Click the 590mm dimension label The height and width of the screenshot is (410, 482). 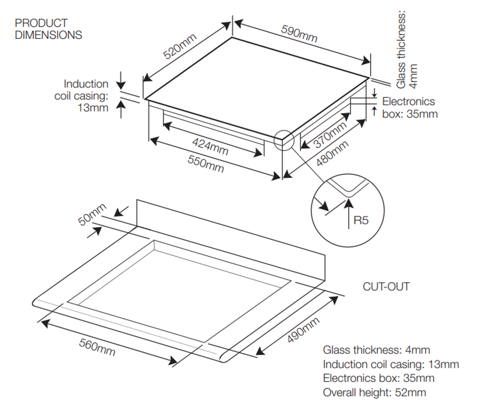tap(299, 33)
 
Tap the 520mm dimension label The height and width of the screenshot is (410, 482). tap(180, 46)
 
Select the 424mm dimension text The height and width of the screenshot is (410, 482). tap(210, 146)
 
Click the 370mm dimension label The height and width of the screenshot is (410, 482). tap(330, 135)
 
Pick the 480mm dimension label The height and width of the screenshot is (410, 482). tap(332, 153)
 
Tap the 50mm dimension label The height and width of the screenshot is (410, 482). tap(92, 215)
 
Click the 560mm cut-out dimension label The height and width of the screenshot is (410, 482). tap(97, 347)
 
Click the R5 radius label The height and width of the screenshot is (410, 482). tap(361, 220)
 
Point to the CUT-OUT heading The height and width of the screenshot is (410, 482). tap(386, 287)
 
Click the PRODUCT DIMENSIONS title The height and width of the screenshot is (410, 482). tap(48, 29)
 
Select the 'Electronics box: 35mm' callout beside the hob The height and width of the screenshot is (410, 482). tap(409, 108)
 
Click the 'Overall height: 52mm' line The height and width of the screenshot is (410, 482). tap(374, 393)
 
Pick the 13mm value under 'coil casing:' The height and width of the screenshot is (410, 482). tap(93, 108)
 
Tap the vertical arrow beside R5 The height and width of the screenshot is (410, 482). tap(348, 214)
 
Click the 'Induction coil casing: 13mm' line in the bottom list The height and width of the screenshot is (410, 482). tap(391, 364)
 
